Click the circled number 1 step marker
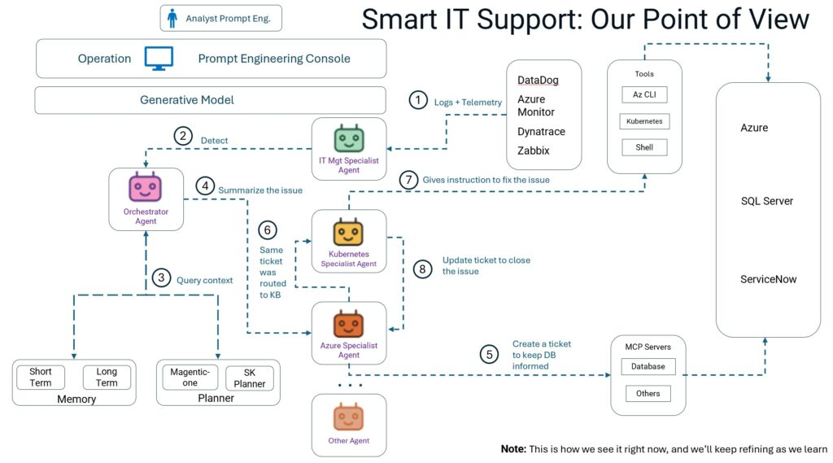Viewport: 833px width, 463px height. click(417, 101)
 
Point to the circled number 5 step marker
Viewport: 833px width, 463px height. click(488, 355)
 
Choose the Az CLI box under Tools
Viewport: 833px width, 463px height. click(644, 95)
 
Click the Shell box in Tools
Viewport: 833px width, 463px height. click(644, 147)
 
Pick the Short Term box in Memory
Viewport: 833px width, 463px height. click(41, 378)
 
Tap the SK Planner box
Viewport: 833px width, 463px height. click(249, 378)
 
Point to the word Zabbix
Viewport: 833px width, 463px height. click(534, 151)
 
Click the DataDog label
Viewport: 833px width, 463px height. click(538, 80)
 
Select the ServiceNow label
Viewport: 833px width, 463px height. click(768, 279)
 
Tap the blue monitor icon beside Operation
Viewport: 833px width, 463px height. click(160, 59)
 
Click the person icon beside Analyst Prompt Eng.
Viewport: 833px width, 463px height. click(172, 18)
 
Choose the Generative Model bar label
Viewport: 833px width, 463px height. click(187, 100)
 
